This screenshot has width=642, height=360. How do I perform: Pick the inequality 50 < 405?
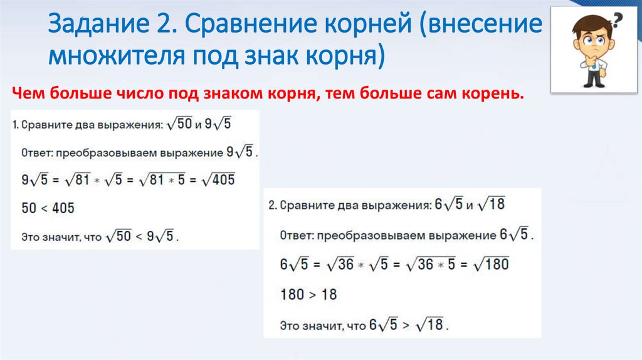coord(48,208)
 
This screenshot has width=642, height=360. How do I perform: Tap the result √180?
coord(490,263)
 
